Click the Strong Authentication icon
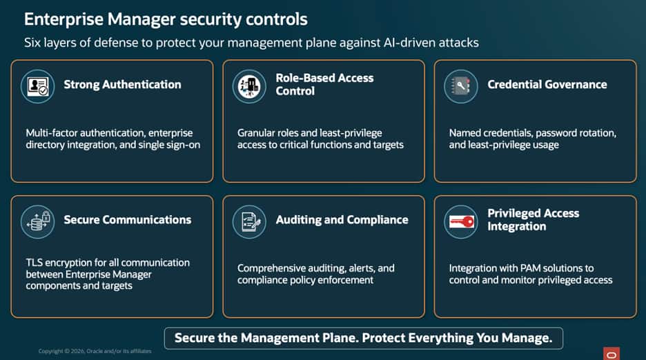click(x=37, y=86)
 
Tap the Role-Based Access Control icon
click(x=249, y=86)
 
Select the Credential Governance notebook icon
click(x=461, y=86)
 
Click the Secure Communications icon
click(x=37, y=222)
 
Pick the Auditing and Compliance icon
click(x=249, y=222)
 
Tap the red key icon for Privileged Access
click(x=461, y=222)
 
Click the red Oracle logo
click(x=611, y=354)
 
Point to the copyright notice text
click(x=95, y=351)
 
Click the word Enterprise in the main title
click(x=64, y=20)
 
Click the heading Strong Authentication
click(x=122, y=84)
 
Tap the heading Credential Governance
click(x=547, y=84)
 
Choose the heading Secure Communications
click(x=128, y=220)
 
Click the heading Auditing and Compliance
click(x=342, y=220)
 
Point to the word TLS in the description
click(x=34, y=263)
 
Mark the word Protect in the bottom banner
click(x=383, y=338)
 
